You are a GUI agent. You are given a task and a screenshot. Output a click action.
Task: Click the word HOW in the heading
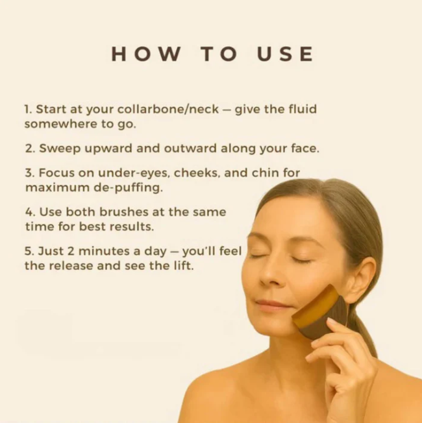[x=146, y=54]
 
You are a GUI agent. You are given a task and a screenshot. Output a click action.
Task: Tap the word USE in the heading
[x=285, y=54]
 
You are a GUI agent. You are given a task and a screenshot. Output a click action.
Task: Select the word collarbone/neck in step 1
[x=168, y=109]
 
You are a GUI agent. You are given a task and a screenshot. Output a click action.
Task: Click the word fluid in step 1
[x=303, y=109]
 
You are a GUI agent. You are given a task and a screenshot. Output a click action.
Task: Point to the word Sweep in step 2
[x=60, y=149]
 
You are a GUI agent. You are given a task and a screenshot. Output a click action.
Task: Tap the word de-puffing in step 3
[x=128, y=187]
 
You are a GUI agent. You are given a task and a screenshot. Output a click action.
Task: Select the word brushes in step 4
[x=123, y=211]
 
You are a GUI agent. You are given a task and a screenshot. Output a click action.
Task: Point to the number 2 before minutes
[x=71, y=251]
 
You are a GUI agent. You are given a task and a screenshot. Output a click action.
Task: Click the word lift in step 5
[x=184, y=266]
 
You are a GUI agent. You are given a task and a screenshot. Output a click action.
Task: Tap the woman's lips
[x=273, y=305]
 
